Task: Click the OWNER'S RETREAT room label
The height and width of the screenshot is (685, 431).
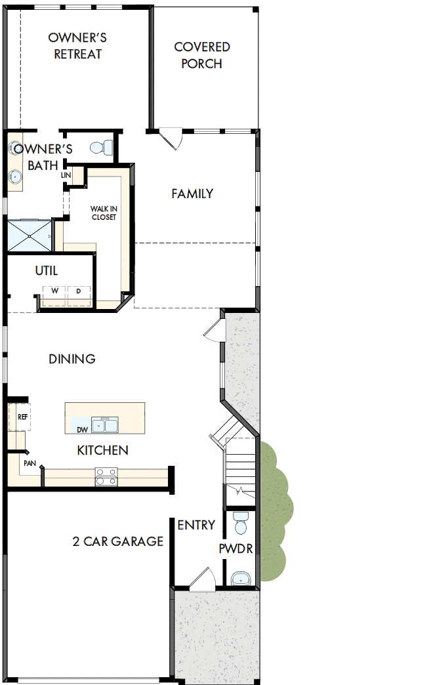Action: (x=77, y=46)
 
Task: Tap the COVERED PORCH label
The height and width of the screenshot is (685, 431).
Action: (x=202, y=55)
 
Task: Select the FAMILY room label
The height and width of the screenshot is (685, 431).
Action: (x=192, y=194)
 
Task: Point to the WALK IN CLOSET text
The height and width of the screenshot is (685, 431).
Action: (x=104, y=213)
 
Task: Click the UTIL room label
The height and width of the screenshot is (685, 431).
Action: (x=46, y=270)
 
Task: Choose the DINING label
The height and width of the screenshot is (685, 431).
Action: (x=72, y=359)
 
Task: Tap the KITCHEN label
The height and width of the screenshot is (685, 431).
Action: (x=102, y=450)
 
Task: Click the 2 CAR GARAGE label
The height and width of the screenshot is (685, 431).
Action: (x=118, y=541)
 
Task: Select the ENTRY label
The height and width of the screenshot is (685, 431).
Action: (x=196, y=525)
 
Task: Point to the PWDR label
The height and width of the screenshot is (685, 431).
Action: (x=236, y=549)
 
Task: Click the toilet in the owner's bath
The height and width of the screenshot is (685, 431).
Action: (x=101, y=148)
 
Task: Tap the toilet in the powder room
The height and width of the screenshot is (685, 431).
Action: (x=240, y=522)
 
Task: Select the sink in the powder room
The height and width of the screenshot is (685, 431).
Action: (x=241, y=578)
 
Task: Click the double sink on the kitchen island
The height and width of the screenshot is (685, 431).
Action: (x=105, y=425)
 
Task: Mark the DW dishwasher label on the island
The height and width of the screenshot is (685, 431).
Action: (x=82, y=430)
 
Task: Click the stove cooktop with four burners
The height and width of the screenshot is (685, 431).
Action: (x=106, y=476)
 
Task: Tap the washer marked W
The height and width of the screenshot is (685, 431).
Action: (x=55, y=291)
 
